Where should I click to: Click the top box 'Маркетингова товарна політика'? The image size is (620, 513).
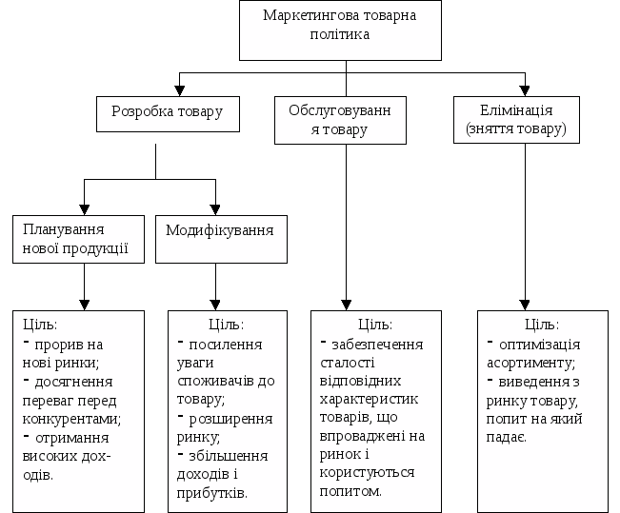339,30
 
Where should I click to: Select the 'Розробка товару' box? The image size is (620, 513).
168,112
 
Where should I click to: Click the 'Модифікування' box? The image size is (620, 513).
220,230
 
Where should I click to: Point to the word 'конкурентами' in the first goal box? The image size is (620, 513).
66,418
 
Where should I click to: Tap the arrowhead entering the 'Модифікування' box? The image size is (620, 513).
216,208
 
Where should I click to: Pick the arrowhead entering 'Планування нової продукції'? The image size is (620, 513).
85,208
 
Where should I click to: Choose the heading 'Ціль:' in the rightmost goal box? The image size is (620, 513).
542,326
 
